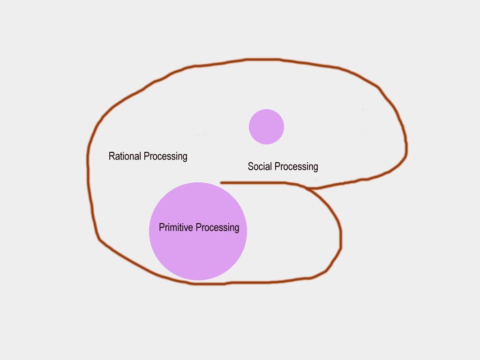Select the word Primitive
pos(176,228)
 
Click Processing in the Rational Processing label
pos(165,157)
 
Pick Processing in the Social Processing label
pos(296,167)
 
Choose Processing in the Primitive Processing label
pos(217,228)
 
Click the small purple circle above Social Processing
pos(266,127)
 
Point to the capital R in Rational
pos(112,156)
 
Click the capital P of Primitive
pos(162,228)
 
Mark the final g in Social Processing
pos(315,168)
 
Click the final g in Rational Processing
pos(185,157)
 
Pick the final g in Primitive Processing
pos(237,229)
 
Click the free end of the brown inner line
pos(221,183)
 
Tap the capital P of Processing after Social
pos(277,166)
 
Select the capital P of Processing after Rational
pos(146,156)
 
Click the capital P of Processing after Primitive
pos(198,228)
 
